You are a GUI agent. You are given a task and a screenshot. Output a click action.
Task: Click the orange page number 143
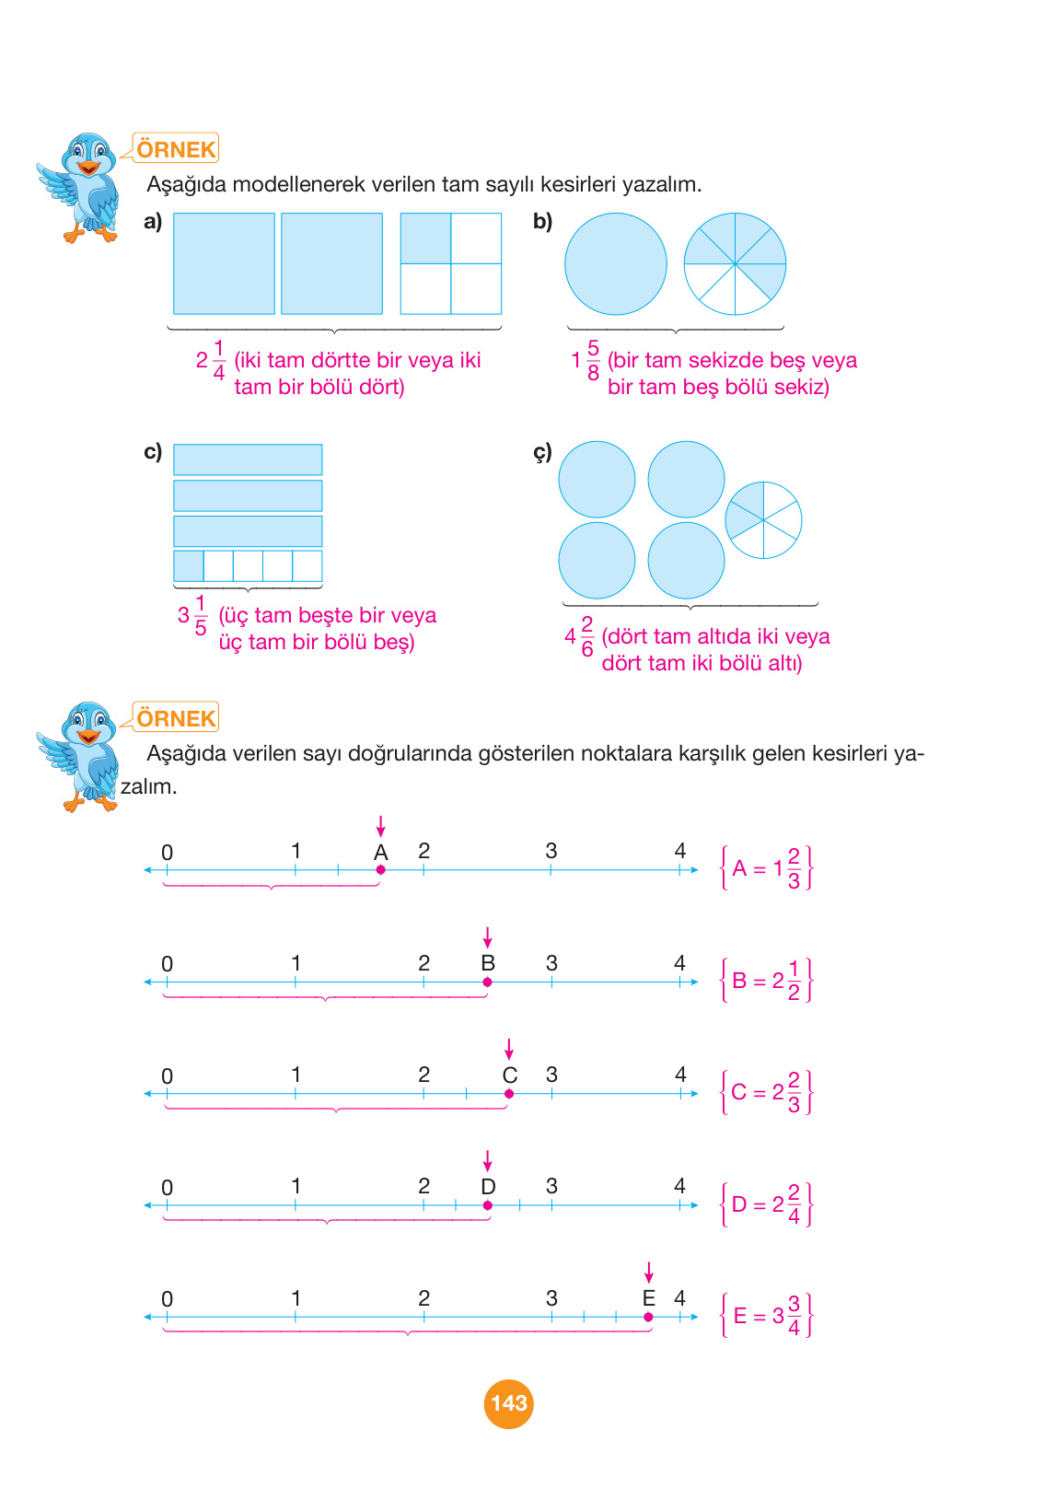508,1403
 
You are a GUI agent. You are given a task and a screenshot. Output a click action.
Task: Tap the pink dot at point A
380,869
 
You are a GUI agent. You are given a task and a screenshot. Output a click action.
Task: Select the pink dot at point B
487,982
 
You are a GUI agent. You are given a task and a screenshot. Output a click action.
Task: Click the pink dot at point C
509,1094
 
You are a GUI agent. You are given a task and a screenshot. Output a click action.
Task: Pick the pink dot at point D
487,1205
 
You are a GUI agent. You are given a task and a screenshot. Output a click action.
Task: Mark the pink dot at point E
648,1317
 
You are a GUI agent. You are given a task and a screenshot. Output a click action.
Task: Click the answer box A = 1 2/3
766,868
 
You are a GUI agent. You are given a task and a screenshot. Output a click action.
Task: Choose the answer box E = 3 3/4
766,1315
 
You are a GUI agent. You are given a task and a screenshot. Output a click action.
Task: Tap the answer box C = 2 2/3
766,1092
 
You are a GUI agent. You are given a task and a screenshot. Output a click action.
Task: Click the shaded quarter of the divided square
425,238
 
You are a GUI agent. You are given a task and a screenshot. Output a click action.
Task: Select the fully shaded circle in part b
615,264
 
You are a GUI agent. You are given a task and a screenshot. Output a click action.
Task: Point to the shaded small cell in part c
189,565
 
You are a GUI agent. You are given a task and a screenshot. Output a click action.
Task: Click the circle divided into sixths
763,520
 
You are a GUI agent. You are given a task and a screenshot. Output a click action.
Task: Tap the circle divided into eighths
735,264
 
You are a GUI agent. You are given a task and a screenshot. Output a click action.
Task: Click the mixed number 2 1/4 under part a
211,360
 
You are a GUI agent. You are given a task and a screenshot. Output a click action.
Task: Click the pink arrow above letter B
487,937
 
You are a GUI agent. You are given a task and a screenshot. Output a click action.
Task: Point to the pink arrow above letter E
648,1273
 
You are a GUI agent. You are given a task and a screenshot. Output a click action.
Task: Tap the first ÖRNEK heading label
176,149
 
